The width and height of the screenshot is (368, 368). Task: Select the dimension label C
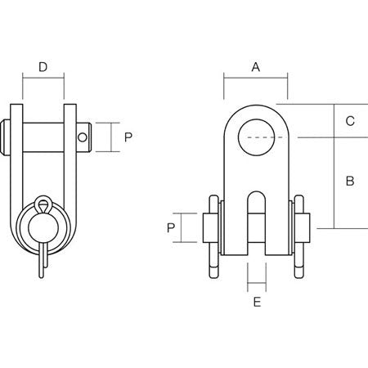pos(349,121)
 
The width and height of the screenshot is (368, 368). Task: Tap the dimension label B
pos(349,181)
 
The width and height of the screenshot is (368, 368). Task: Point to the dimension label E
pos(257,303)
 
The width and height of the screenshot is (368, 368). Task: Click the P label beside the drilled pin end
pos(128,137)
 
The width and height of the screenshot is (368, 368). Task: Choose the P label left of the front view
pos(171,227)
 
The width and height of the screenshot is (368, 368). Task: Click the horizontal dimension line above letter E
pos(256,287)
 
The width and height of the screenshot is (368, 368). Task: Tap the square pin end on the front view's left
pos(208,227)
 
